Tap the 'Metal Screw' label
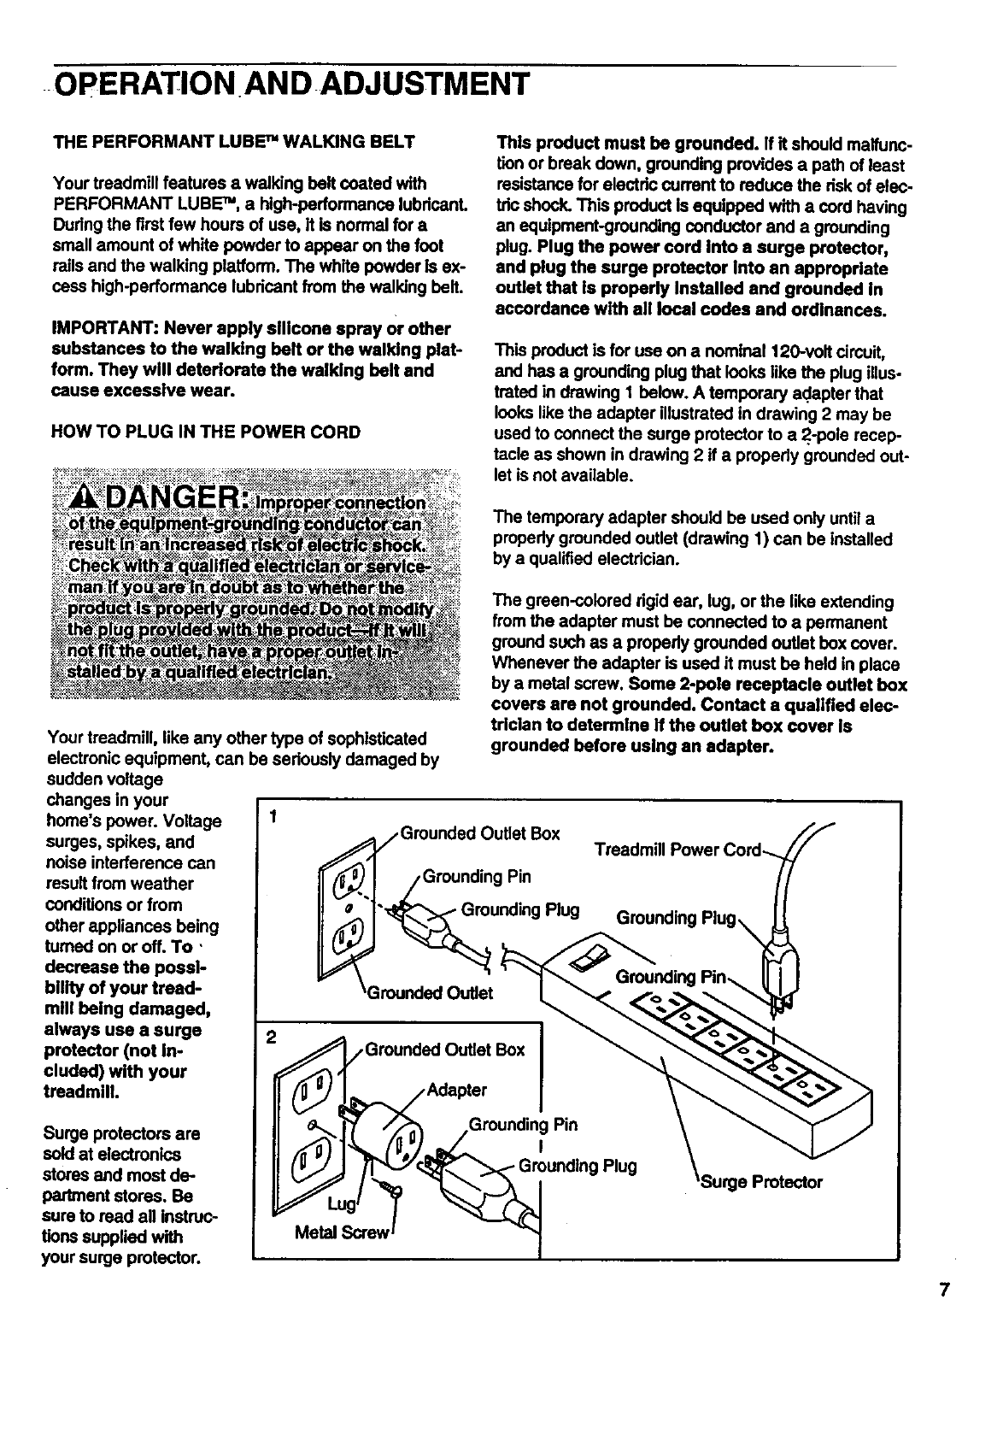[341, 1233]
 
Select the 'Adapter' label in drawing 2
[456, 1090]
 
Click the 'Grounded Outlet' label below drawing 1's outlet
[430, 993]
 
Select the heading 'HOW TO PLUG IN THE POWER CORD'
[206, 432]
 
